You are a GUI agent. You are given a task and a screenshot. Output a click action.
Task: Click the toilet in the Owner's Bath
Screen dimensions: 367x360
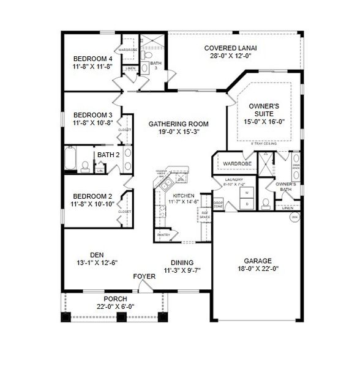click(x=265, y=201)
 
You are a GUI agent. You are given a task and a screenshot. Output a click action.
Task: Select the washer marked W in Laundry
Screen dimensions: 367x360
click(x=247, y=193)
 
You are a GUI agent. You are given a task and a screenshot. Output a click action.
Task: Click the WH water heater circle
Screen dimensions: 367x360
click(x=294, y=217)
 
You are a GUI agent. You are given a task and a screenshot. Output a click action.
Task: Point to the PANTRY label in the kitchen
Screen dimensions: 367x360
click(x=163, y=234)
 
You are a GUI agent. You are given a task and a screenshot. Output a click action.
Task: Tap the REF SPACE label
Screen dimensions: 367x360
click(x=204, y=215)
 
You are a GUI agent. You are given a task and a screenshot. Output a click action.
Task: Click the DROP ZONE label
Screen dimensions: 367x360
click(x=218, y=204)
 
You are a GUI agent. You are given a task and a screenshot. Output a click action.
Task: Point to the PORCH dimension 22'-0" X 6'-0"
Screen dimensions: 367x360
click(x=115, y=306)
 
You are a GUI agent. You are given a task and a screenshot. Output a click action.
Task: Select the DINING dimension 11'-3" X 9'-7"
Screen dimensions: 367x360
click(x=182, y=270)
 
